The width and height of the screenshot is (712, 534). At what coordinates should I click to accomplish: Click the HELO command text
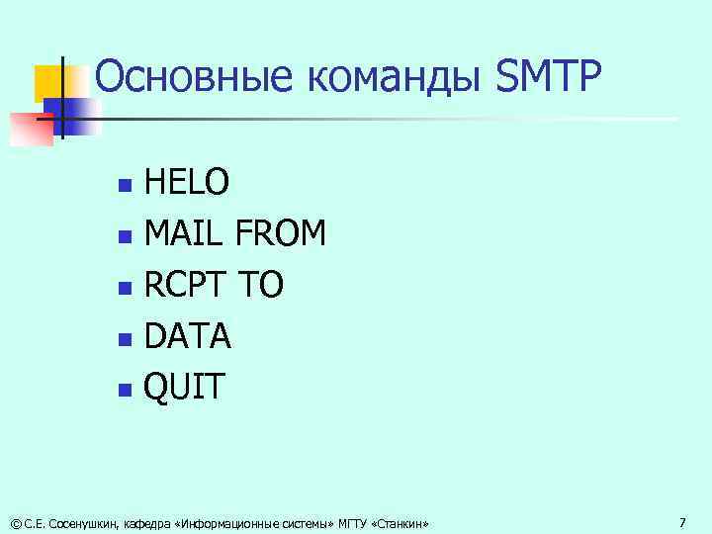click(188, 183)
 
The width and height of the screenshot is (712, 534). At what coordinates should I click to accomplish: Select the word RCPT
click(188, 286)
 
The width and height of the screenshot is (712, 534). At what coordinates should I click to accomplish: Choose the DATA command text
click(188, 337)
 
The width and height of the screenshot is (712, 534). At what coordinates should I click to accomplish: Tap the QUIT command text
click(185, 388)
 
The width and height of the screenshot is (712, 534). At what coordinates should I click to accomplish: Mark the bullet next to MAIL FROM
click(123, 236)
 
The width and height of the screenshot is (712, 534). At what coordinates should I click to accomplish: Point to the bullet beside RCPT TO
click(123, 288)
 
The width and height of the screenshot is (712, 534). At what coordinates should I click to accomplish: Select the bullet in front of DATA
click(123, 339)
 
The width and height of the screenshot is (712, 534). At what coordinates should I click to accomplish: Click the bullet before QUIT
click(123, 390)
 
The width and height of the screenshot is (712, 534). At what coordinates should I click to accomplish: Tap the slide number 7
click(682, 521)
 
